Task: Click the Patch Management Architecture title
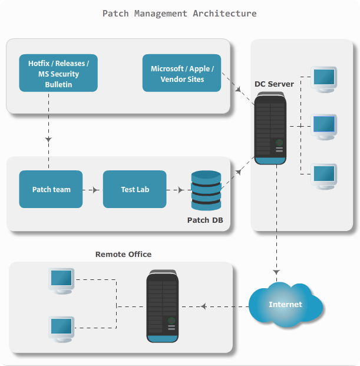pos(180,13)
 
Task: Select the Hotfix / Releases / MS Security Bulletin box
pos(58,73)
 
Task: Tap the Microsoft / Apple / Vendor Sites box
pos(181,73)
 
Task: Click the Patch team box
pos(51,189)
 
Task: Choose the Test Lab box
pos(135,189)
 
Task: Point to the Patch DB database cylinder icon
pos(206,190)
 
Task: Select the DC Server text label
pos(274,84)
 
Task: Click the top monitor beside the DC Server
pos(324,78)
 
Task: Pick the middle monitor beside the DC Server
pos(324,126)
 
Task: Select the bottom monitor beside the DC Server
pos(324,176)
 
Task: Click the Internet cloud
pos(286,305)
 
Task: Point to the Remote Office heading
pos(123,254)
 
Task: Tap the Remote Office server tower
pos(163,306)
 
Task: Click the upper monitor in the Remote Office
pos(62,280)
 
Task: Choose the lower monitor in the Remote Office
pos(62,328)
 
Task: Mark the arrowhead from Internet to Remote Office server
pos(203,306)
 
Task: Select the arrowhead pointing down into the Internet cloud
pos(275,272)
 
